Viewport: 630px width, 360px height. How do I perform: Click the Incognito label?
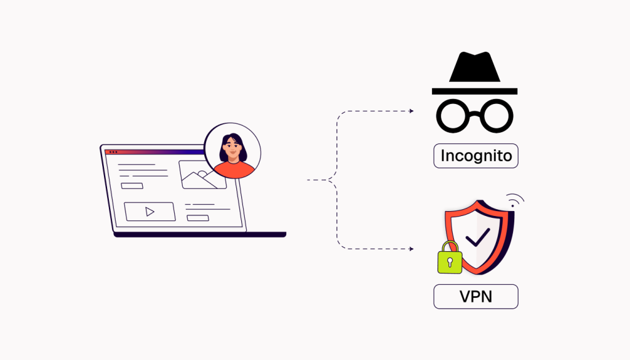[476, 156]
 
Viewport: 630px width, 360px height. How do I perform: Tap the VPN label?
[476, 297]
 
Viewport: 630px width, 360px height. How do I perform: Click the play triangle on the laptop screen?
[150, 212]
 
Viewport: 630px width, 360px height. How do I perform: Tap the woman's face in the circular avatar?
[232, 147]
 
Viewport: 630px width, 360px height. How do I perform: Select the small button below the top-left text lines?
[132, 185]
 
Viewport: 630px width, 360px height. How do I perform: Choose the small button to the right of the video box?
[197, 217]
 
